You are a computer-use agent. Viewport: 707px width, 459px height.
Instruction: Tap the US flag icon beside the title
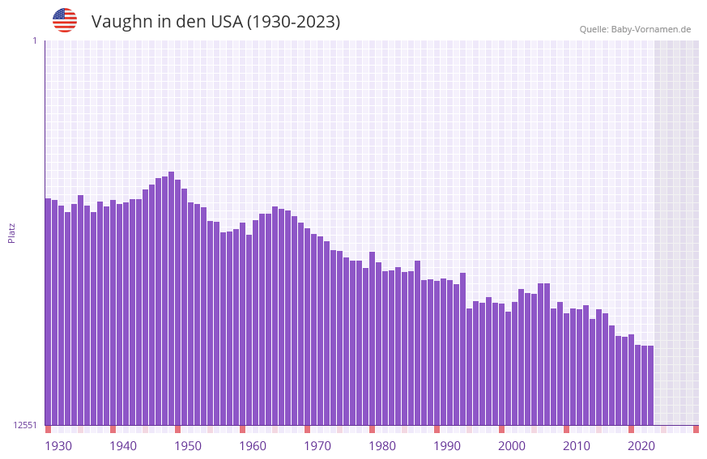coord(65,20)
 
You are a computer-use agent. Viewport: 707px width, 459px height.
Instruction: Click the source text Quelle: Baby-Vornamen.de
coord(635,29)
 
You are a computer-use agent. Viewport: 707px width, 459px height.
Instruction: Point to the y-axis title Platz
coord(11,233)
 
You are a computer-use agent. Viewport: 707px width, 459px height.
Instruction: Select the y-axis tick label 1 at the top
coord(35,40)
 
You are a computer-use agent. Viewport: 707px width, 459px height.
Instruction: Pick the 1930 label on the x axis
coord(58,446)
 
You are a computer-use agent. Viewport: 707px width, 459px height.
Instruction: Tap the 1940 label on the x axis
coord(123,446)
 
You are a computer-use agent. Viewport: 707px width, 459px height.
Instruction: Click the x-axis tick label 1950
coord(188,446)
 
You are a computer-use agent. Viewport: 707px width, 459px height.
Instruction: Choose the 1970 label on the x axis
coord(317,446)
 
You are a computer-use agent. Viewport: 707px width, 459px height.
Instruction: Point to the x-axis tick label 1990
coord(447,446)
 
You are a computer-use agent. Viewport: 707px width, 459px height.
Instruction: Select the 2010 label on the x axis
coord(577,446)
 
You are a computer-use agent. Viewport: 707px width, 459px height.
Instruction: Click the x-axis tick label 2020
coord(641,446)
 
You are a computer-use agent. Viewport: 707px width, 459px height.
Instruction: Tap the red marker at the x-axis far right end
coord(696,429)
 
